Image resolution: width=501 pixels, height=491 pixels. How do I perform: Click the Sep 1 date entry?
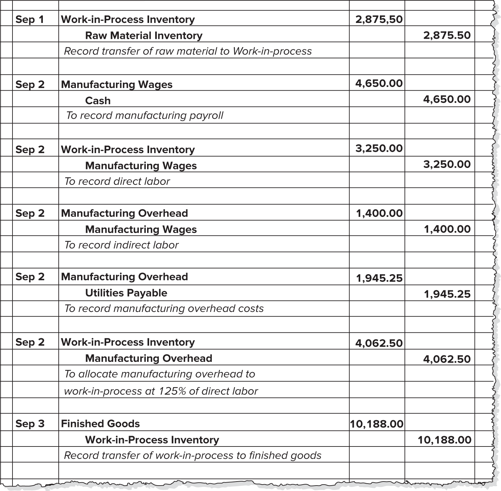[30, 19]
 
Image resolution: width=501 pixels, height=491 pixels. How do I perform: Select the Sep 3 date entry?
[30, 424]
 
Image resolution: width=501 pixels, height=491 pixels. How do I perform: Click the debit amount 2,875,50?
[379, 19]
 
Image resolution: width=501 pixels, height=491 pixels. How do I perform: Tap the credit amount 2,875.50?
[447, 35]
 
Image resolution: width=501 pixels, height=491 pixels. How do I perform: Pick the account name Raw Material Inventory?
[144, 35]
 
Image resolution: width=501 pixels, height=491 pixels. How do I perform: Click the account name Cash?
[98, 100]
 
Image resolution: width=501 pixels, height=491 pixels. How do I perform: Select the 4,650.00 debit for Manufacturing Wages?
[379, 83]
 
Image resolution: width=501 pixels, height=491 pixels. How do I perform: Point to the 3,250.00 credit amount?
[447, 164]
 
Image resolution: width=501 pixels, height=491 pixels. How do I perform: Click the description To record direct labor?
[117, 181]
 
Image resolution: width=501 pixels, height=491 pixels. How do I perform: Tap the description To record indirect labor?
[121, 245]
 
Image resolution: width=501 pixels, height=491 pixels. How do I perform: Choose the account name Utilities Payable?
[126, 293]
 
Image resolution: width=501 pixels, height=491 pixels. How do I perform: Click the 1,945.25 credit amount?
[447, 294]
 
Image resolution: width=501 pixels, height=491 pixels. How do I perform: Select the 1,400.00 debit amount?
[379, 213]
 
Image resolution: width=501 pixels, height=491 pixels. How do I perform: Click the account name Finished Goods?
[101, 424]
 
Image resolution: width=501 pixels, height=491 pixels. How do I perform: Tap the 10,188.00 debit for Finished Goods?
[377, 424]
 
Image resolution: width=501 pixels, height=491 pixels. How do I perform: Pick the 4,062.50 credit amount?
[447, 359]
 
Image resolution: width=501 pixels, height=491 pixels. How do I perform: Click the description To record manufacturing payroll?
[145, 116]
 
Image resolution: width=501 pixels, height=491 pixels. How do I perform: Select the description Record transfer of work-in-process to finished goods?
[193, 456]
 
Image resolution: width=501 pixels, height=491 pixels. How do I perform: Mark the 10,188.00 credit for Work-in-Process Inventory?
[444, 440]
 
